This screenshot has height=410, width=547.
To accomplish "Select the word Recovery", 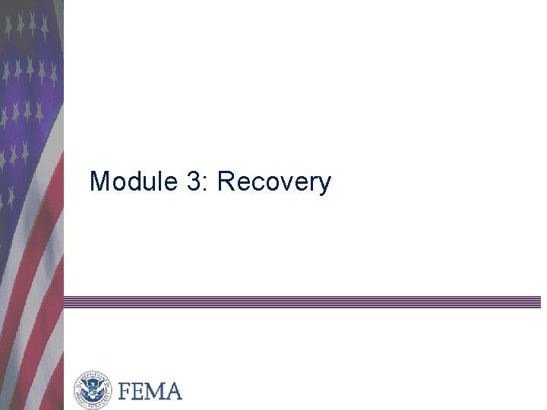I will click(274, 183).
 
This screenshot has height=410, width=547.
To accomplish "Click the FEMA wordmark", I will click(149, 391).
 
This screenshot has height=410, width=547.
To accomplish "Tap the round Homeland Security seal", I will click(93, 390).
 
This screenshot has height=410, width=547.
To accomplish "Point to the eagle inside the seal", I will click(93, 390).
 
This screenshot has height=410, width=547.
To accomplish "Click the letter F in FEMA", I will click(124, 391).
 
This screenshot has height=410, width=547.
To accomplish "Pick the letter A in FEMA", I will click(172, 391).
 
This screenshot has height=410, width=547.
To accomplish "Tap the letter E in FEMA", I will click(137, 391).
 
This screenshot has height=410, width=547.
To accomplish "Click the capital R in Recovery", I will click(226, 182).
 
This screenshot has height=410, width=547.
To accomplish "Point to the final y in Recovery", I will click(324, 186).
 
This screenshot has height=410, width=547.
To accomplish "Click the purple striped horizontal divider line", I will click(304, 301).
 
